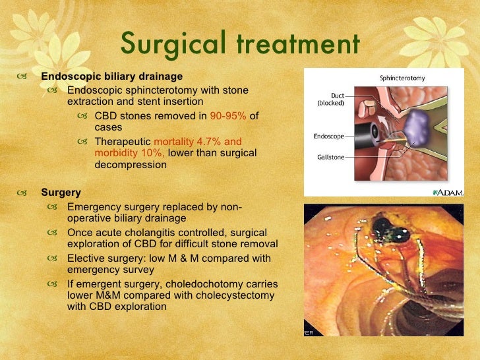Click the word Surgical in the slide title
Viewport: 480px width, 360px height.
pos(171,44)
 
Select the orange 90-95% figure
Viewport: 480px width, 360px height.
pos(228,116)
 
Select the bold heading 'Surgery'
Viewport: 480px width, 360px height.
pos(61,193)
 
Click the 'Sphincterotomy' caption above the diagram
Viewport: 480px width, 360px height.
pos(402,78)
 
